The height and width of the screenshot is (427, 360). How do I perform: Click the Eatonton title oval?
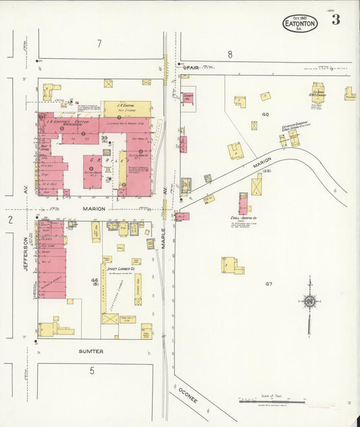pyautogui.click(x=300, y=23)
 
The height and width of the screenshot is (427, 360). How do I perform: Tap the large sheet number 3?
pyautogui.click(x=336, y=20)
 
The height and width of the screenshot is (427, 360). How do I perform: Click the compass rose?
pyautogui.click(x=309, y=301)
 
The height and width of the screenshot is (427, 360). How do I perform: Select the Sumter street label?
pyautogui.click(x=91, y=351)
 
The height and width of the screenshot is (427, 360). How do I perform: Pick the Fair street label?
pyautogui.click(x=192, y=67)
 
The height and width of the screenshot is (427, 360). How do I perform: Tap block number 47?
pyautogui.click(x=268, y=284)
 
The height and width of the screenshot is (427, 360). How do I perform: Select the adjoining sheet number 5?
pyautogui.click(x=92, y=370)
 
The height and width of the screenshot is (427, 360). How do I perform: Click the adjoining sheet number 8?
pyautogui.click(x=230, y=54)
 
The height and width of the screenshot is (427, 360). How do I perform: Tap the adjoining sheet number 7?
pyautogui.click(x=99, y=44)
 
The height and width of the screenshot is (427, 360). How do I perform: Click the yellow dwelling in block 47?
pyautogui.click(x=230, y=265)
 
